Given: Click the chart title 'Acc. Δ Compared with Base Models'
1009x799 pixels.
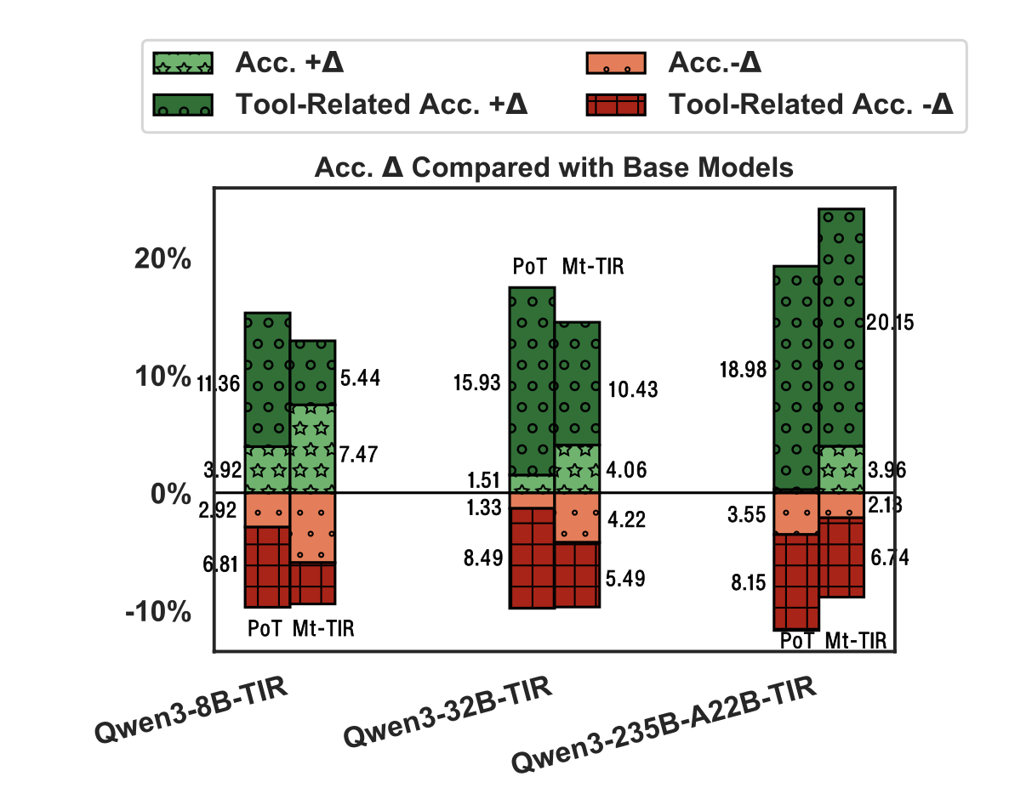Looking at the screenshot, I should click(x=554, y=167).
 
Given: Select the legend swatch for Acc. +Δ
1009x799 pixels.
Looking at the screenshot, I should click(x=182, y=63).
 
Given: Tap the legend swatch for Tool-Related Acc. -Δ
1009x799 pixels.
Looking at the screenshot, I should click(x=617, y=105).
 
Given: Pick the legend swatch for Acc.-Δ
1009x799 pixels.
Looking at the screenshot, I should click(x=617, y=63).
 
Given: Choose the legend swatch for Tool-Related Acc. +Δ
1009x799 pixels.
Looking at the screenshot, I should click(x=182, y=105).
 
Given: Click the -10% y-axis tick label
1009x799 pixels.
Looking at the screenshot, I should click(x=157, y=611).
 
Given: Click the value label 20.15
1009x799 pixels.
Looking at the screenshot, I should click(x=890, y=323).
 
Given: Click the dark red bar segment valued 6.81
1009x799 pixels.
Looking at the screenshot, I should click(x=267, y=567).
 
